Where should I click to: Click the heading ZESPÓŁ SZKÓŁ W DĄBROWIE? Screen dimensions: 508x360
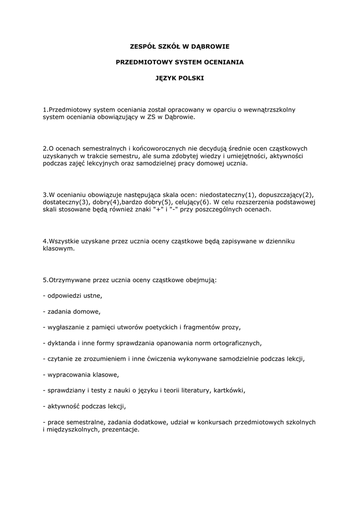[x=180, y=47]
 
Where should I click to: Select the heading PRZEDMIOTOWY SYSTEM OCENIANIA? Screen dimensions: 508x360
[x=180, y=63]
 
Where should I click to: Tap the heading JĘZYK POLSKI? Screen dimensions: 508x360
[x=180, y=78]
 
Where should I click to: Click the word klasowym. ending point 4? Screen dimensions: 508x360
[x=59, y=249]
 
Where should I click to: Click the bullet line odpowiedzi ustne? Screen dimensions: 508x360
[x=72, y=296]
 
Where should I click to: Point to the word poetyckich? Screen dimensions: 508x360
[x=150, y=327]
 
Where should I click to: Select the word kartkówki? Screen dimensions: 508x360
[x=229, y=390]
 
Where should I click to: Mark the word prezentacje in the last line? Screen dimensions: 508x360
[x=120, y=430]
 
